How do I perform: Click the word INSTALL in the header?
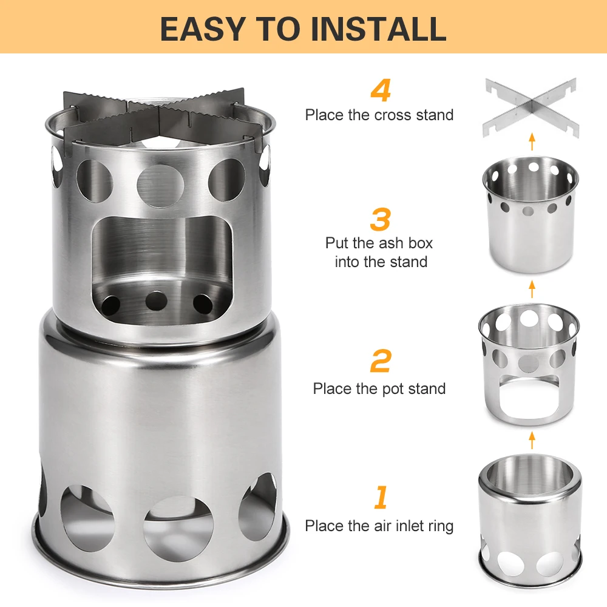click(379, 29)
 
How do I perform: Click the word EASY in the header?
click(203, 29)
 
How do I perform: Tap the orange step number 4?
click(381, 90)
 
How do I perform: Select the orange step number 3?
click(380, 220)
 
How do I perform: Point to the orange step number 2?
click(381, 361)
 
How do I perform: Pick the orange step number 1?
click(381, 497)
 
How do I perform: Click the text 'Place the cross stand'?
click(379, 115)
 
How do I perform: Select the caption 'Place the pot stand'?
click(379, 388)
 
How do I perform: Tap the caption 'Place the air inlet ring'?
click(379, 526)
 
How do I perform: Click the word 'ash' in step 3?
click(390, 243)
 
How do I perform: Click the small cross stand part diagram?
click(531, 107)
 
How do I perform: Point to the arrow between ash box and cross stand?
click(532, 141)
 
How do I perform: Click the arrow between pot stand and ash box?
click(532, 289)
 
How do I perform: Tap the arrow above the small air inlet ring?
click(532, 440)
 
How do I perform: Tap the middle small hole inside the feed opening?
click(157, 301)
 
